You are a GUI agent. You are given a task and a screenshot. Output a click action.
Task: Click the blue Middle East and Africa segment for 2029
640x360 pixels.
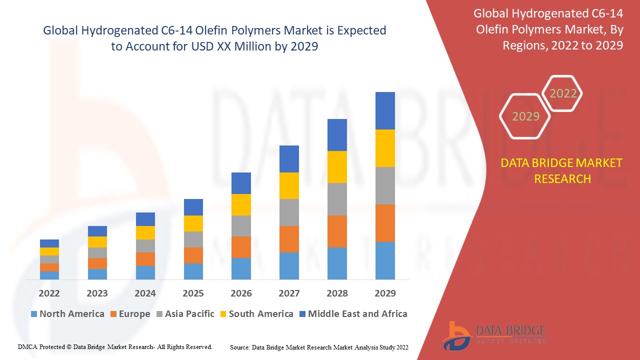pos(385,110)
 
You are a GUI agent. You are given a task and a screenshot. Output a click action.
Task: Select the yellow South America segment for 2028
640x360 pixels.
pos(337,166)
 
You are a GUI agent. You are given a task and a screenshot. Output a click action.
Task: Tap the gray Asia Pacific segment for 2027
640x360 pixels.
pos(289,212)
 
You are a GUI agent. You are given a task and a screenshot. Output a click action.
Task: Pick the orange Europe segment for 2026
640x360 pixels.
pos(241,247)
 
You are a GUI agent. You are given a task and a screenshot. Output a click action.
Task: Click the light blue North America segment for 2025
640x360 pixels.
pos(193,271)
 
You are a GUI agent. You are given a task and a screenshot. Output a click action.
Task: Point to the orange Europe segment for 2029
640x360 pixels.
pos(385,223)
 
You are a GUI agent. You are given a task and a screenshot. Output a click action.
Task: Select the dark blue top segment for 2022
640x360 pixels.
pos(49,243)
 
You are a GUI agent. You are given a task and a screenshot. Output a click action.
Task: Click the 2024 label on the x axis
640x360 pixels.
pos(145,293)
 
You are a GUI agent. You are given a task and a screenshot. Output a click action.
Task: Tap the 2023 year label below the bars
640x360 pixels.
pos(97,293)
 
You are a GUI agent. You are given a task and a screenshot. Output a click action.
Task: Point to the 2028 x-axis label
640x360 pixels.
pos(337,293)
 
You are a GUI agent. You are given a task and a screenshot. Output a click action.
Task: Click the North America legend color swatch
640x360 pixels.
pos(34,314)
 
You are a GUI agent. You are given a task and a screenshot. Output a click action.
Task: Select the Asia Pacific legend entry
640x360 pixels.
pos(189,314)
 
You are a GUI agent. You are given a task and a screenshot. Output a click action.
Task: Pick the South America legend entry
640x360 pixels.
pos(260,314)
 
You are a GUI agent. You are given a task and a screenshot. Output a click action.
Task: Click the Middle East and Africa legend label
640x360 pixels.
pos(357,314)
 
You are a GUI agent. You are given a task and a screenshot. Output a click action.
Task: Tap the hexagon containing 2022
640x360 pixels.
pos(563,93)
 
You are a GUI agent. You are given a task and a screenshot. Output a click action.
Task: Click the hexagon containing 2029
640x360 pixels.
pos(525,116)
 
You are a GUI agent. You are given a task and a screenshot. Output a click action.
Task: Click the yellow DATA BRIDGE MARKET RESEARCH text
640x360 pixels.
pos(562,170)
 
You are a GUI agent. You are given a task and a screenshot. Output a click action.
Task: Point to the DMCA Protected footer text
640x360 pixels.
pos(115,346)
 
